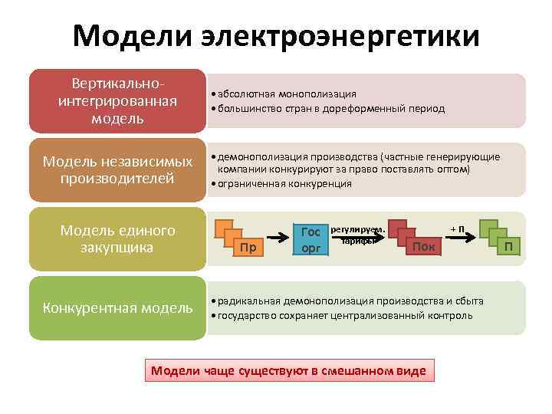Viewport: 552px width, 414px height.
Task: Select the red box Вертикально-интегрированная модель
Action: tap(117, 100)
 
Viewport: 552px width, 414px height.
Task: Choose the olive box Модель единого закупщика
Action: tap(117, 238)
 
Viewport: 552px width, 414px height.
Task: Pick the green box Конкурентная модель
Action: tap(117, 308)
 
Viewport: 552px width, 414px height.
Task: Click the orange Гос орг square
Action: tap(310, 238)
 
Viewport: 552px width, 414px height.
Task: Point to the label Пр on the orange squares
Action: tap(247, 247)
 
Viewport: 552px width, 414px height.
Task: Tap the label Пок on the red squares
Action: tap(423, 245)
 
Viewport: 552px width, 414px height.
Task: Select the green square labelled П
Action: tap(508, 246)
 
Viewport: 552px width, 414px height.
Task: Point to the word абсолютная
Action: tap(247, 94)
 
